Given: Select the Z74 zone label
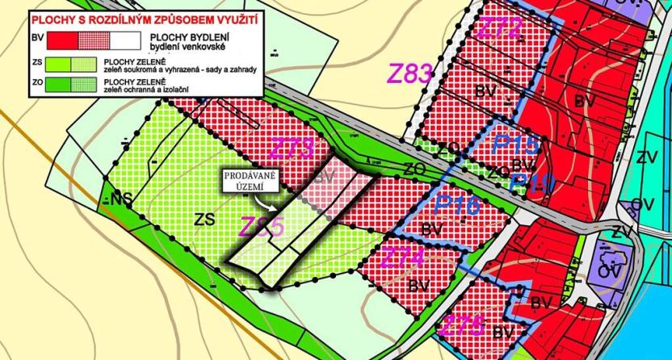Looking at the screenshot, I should coord(401,258).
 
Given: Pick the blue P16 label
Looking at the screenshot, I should coord(456,205).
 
